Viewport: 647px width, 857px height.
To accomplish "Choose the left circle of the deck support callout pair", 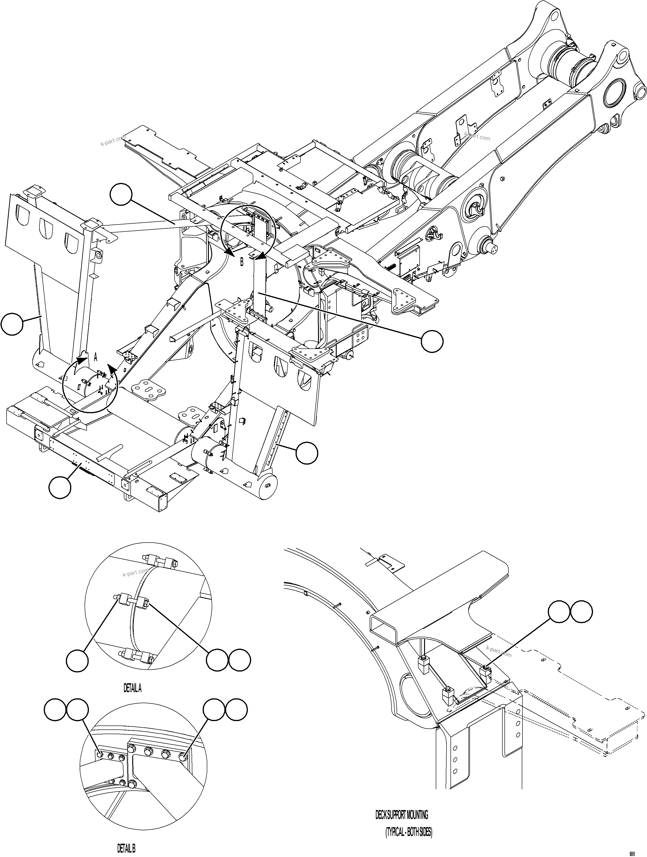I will pyautogui.click(x=559, y=612).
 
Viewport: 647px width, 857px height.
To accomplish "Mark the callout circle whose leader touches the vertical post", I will pyautogui.click(x=432, y=341).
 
